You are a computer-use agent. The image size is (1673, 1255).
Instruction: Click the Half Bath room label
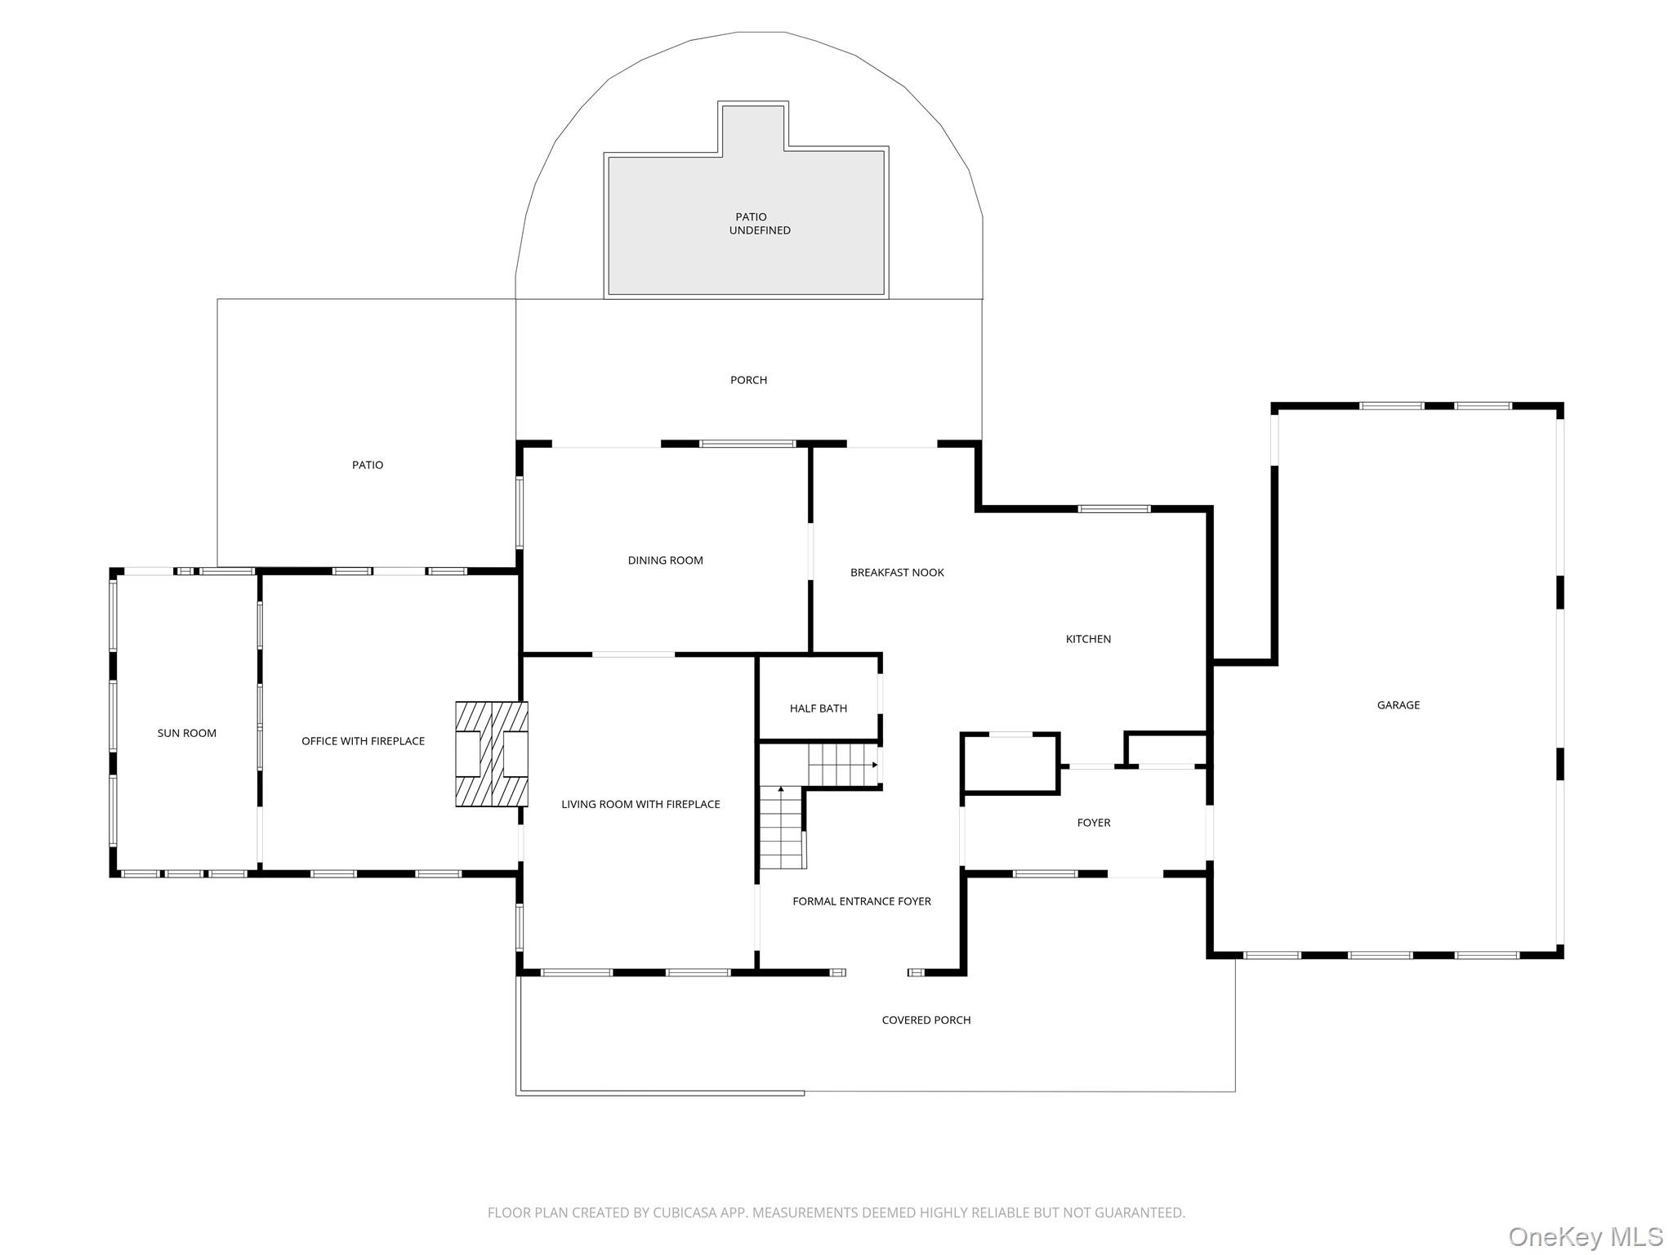coord(818,708)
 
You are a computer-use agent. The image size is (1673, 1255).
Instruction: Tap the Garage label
coord(1399,705)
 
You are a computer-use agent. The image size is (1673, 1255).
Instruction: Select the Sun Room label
coord(187,733)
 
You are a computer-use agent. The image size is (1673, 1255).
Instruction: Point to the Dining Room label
coord(665,561)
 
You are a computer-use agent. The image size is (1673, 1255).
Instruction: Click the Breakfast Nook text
coord(897,573)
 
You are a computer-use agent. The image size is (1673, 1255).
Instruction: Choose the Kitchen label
coord(1088,639)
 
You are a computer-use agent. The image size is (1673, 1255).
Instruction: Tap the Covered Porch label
coord(926,1020)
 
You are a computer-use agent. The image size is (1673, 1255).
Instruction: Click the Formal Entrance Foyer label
coord(862,901)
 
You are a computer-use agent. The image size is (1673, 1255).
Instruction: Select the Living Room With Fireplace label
coord(640,804)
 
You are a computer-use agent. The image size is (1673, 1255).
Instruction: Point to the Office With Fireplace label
coord(363,741)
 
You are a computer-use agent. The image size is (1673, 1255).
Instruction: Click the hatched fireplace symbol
coord(491,754)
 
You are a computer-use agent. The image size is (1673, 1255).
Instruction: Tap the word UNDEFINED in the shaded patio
coord(760,230)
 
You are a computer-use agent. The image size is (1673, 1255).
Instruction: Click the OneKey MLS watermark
coord(1586,1236)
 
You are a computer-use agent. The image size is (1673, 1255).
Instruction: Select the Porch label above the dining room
coord(748,380)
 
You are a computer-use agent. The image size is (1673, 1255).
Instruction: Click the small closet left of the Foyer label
coord(1010,763)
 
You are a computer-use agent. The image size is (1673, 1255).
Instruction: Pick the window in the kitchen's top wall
coord(1114,509)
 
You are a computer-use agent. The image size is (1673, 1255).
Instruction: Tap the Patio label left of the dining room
coord(368,465)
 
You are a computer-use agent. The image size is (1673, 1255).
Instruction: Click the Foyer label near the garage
coord(1094,823)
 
